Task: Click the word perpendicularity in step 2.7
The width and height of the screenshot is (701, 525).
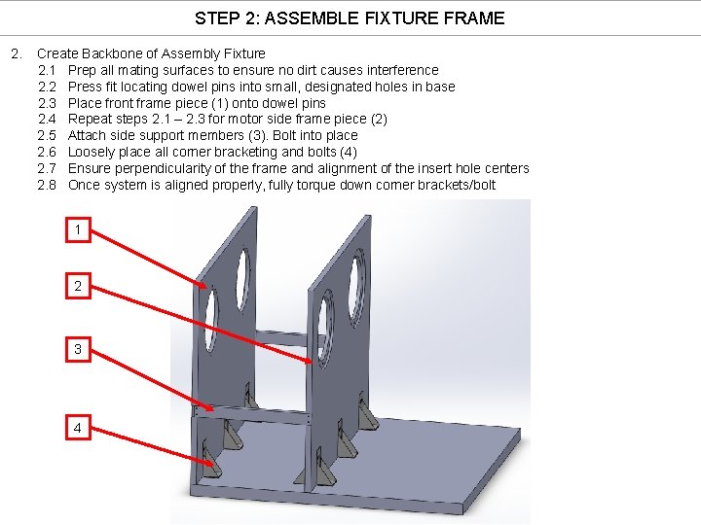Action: [x=160, y=168]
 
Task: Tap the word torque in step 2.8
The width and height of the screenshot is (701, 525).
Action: [x=322, y=185]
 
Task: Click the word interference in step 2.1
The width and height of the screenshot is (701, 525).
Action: [x=401, y=70]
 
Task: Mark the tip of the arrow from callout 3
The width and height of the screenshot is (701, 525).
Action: [x=209, y=408]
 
